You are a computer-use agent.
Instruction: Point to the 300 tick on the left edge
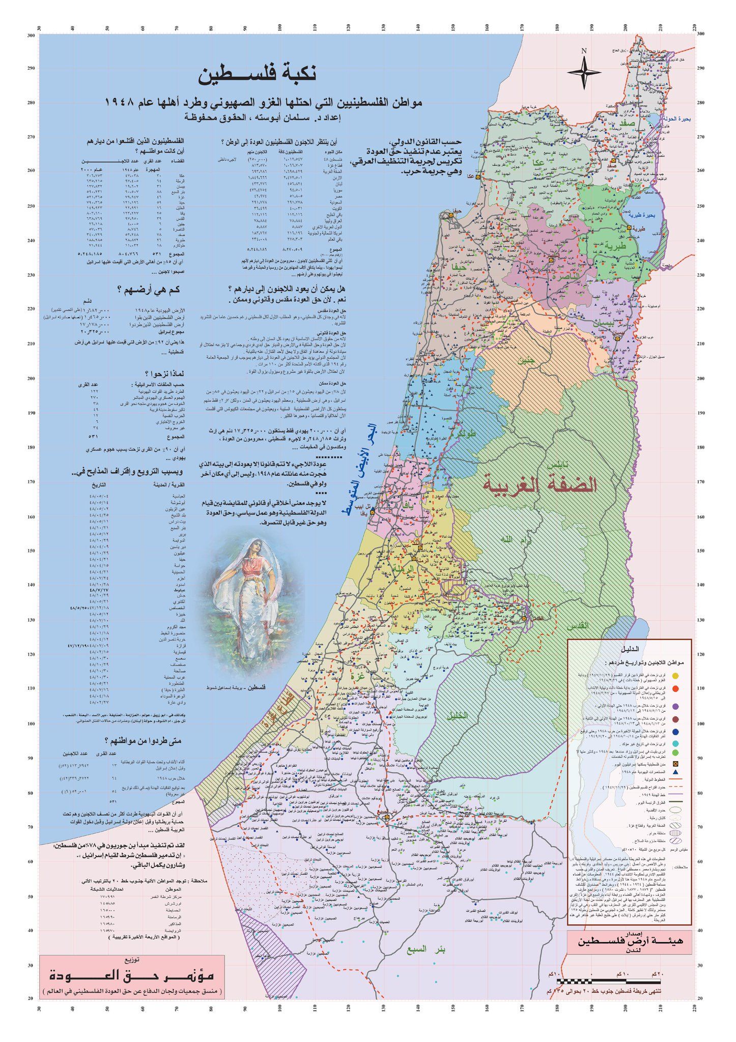(x=31, y=35)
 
